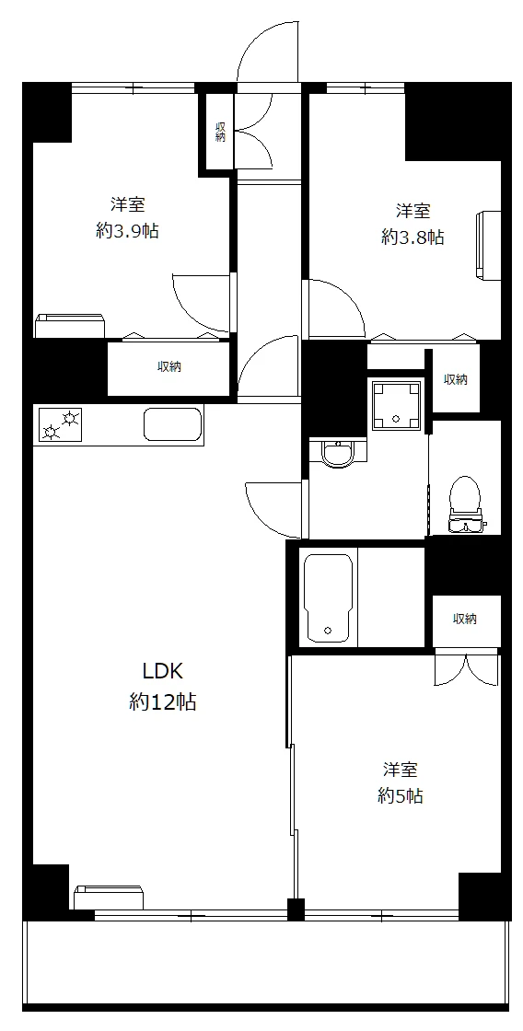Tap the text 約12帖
(162, 702)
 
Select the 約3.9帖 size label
(128, 230)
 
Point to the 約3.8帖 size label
(413, 237)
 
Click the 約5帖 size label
(400, 796)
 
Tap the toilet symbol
(467, 504)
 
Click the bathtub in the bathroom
(329, 597)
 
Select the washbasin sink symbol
(338, 454)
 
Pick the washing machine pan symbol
(395, 404)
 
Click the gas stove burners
(61, 424)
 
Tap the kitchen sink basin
(171, 424)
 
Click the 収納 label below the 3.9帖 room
(169, 367)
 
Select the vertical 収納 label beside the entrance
(220, 133)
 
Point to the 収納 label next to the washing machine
(455, 379)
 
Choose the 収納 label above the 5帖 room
(464, 619)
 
